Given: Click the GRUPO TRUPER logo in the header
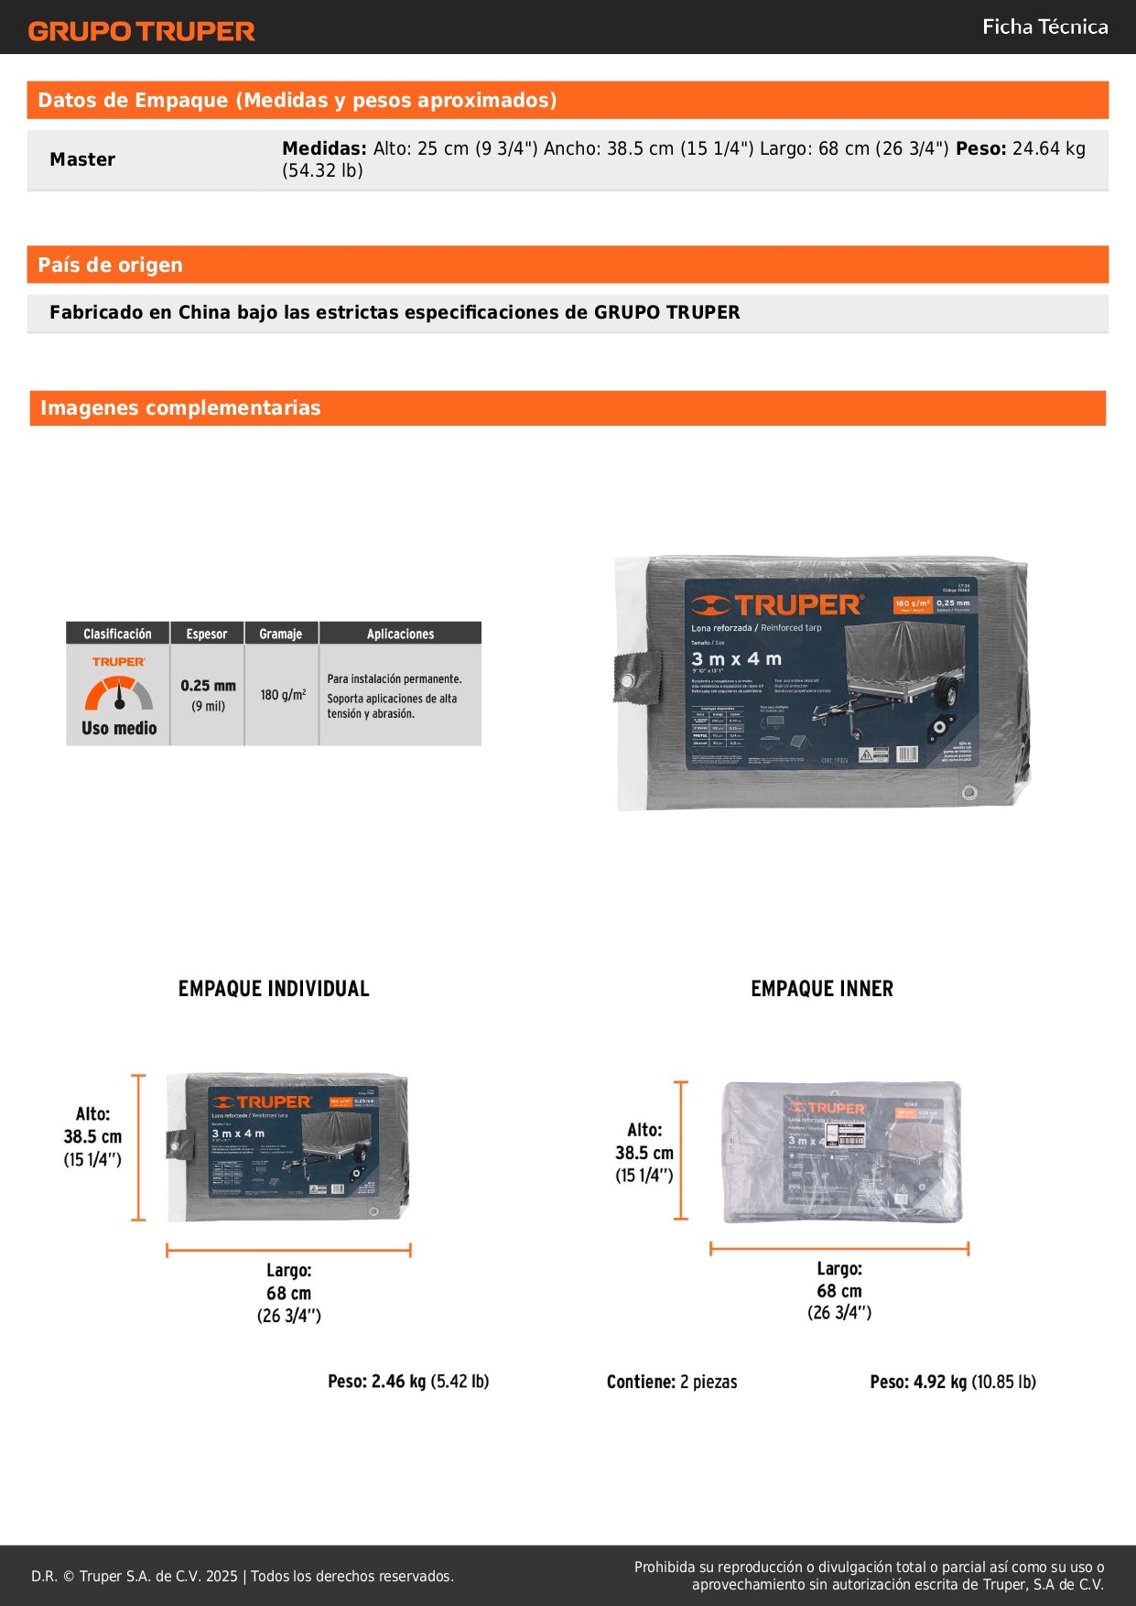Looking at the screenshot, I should click(x=141, y=31).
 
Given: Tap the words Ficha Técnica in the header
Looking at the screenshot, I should click(x=1044, y=27).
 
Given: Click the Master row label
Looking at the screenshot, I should click(x=82, y=159).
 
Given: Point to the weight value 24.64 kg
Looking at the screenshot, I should click(x=1048, y=148).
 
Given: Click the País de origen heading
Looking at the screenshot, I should click(x=110, y=265).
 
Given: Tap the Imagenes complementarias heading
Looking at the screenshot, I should click(x=180, y=407).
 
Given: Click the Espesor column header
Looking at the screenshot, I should click(x=207, y=634).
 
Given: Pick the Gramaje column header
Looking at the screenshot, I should click(x=280, y=634).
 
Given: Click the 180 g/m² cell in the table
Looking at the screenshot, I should click(x=282, y=695).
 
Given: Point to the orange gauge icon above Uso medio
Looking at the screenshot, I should click(x=119, y=693).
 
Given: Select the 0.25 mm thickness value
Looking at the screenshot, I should click(x=208, y=686).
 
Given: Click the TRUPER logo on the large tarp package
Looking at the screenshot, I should click(x=776, y=605).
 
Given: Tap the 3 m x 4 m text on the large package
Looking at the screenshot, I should click(x=736, y=659).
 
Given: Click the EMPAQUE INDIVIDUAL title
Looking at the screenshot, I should click(x=274, y=989).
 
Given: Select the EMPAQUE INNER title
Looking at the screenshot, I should click(x=821, y=989).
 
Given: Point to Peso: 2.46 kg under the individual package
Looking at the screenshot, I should click(x=408, y=1381).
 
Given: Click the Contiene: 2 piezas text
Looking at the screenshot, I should click(x=671, y=1382).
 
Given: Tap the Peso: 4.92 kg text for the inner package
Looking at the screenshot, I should click(x=952, y=1382).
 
